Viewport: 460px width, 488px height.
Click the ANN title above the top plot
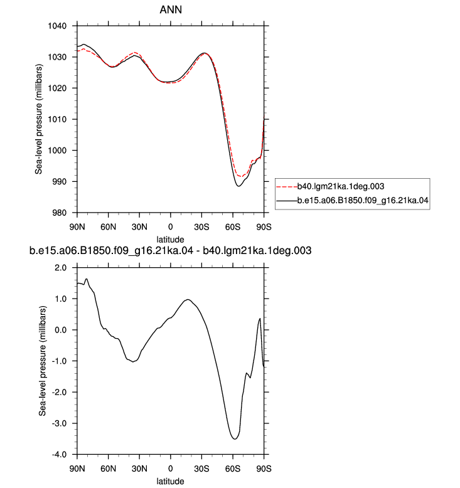tap(171, 9)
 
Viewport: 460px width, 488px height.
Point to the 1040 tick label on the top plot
tap(57, 26)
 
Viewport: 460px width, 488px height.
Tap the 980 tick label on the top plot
tap(59, 213)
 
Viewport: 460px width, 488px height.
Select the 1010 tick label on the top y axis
tap(57, 120)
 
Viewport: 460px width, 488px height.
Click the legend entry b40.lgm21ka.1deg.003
tap(341, 186)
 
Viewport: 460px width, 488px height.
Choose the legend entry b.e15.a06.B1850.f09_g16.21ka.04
tap(363, 201)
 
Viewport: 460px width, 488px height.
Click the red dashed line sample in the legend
tap(287, 187)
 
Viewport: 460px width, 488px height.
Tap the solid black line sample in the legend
tap(287, 201)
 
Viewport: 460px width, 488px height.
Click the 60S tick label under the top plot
tap(233, 227)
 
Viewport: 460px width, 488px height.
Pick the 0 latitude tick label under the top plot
tap(170, 227)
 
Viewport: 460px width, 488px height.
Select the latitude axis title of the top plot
tap(170, 240)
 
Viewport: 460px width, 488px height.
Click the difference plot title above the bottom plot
tap(170, 250)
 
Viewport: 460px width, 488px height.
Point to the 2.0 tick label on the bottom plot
tap(61, 268)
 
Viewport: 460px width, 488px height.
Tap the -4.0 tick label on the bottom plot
tap(59, 455)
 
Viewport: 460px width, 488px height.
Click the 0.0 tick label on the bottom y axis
tap(61, 330)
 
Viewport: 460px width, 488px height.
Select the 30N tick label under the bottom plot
tap(139, 469)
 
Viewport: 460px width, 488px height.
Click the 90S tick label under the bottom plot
tap(264, 469)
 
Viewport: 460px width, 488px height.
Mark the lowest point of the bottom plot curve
tap(235, 439)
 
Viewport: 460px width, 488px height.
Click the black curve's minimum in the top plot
tap(238, 186)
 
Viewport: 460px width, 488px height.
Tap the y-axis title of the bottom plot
tap(42, 361)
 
